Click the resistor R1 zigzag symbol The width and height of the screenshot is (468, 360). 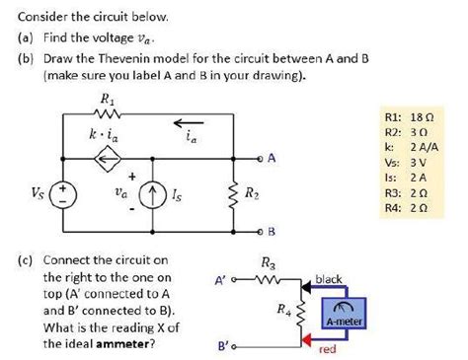pyautogui.click(x=106, y=114)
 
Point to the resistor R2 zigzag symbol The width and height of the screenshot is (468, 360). pyautogui.click(x=234, y=192)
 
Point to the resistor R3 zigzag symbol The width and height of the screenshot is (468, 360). pyautogui.click(x=269, y=280)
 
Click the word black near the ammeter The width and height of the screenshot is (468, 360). pyautogui.click(x=329, y=279)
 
